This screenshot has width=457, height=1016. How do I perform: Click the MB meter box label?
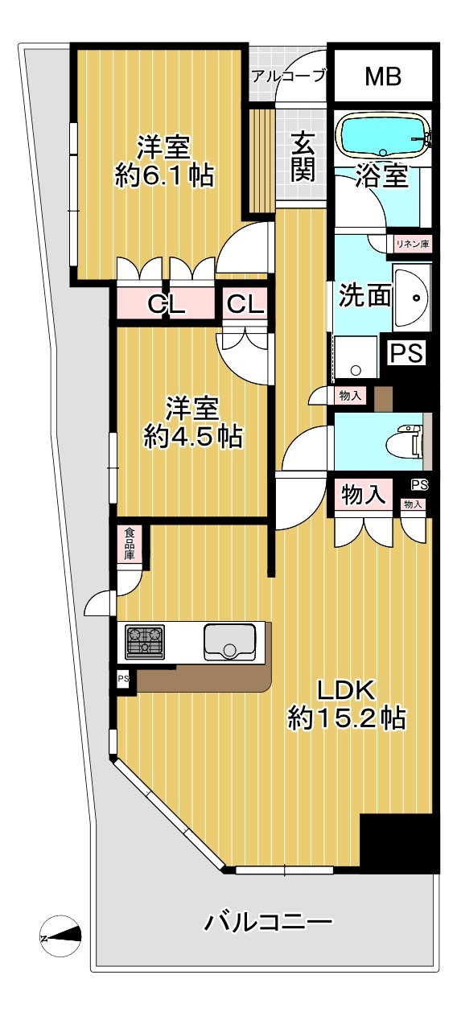(384, 76)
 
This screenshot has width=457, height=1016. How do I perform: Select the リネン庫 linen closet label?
(412, 244)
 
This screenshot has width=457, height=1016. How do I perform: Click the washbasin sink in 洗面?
(411, 297)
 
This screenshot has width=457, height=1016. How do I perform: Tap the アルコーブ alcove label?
(289, 76)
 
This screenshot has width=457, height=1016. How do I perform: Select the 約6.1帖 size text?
(164, 175)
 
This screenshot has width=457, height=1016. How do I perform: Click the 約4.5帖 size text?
(193, 437)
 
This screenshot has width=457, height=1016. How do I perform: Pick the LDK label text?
(346, 691)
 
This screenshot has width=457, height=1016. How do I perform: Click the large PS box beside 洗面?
(407, 352)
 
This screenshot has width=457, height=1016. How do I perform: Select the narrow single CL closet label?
(245, 305)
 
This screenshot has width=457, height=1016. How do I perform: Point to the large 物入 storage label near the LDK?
(364, 494)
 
